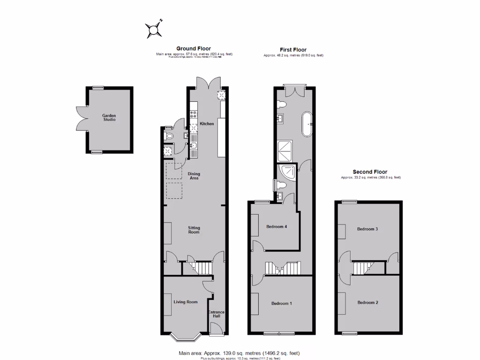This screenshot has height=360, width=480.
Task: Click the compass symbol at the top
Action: (x=154, y=30)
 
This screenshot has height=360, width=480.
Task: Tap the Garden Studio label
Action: (x=109, y=117)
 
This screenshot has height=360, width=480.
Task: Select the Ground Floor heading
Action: (x=194, y=48)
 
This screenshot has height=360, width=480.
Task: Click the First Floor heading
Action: (x=293, y=50)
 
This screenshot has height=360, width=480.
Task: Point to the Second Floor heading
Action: (x=370, y=172)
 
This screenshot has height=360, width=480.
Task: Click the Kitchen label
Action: (x=207, y=124)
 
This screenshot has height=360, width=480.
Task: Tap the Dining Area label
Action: (x=194, y=176)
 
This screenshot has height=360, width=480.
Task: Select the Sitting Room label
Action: (x=194, y=230)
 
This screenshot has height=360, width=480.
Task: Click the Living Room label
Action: (x=186, y=302)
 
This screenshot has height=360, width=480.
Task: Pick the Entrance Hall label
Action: (x=216, y=314)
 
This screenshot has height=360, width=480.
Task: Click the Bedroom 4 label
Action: (x=277, y=227)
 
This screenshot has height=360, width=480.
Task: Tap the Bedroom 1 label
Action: (x=282, y=303)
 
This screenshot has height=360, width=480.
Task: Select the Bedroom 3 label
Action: (x=367, y=229)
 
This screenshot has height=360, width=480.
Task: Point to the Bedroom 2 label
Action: (x=367, y=302)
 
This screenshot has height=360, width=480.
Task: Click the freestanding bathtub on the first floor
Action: (x=307, y=124)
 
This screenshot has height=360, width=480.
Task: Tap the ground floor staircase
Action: (x=203, y=268)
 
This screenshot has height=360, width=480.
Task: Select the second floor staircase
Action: (x=361, y=268)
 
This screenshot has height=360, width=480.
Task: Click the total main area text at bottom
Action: (x=239, y=353)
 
